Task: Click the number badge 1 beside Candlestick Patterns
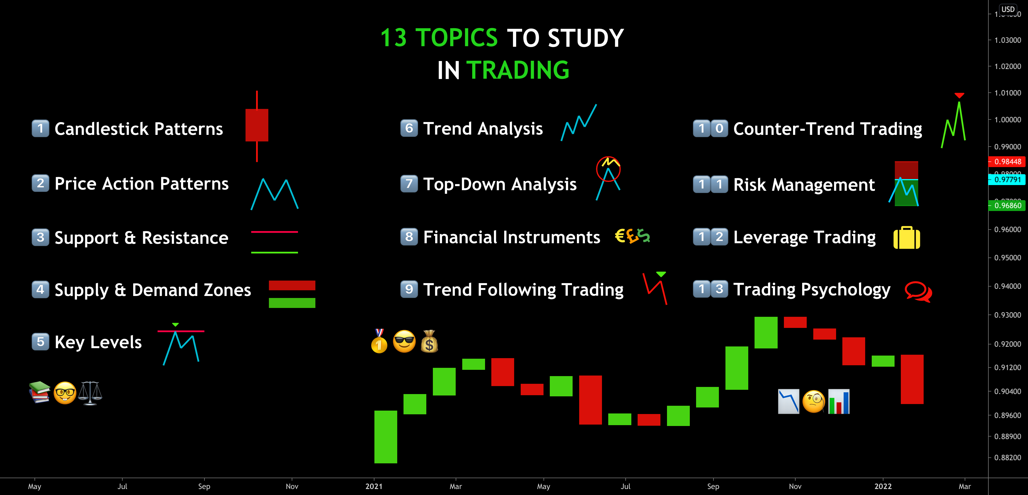pos(40,129)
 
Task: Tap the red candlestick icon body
pos(257,125)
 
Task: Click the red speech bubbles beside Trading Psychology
pos(918,291)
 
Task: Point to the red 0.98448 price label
pos(1007,162)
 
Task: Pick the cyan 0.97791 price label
pos(1007,180)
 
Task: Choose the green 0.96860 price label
pos(1007,206)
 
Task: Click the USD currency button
pos(1008,9)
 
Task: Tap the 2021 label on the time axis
pos(374,486)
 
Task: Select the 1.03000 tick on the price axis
pos(1007,40)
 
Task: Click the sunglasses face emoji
pos(404,342)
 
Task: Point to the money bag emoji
pos(429,342)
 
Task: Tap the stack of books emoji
pos(40,392)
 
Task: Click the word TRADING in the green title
pos(518,70)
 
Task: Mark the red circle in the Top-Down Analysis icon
pos(608,169)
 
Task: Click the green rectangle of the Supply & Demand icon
pos(292,303)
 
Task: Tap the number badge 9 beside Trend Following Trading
pos(409,289)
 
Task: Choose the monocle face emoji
pos(813,401)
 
